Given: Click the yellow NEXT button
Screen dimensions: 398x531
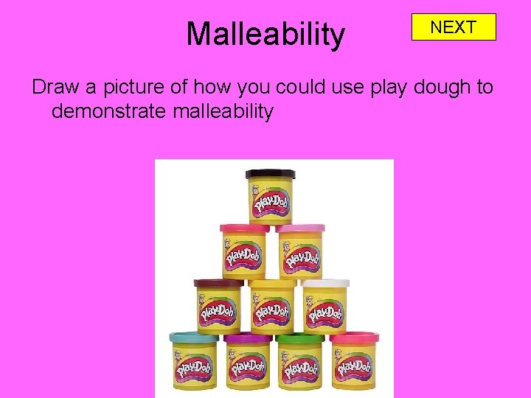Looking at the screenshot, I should coord(454,27).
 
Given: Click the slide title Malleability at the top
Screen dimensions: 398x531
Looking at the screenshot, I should coord(265,34).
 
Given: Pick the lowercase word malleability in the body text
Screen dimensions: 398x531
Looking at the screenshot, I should coord(223,111).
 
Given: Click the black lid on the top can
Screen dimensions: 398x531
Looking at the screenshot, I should coord(270,175).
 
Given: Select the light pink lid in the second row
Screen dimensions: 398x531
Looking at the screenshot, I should coord(300,228).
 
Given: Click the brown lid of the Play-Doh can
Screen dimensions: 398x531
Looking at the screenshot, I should coord(218,283).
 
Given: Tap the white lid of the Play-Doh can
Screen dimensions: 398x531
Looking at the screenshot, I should coord(325,283).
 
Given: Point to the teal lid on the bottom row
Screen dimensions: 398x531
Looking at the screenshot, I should coord(193,338).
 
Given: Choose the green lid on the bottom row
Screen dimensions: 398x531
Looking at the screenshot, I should coord(299,338).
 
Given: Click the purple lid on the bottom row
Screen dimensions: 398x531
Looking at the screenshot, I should coord(248,338).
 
